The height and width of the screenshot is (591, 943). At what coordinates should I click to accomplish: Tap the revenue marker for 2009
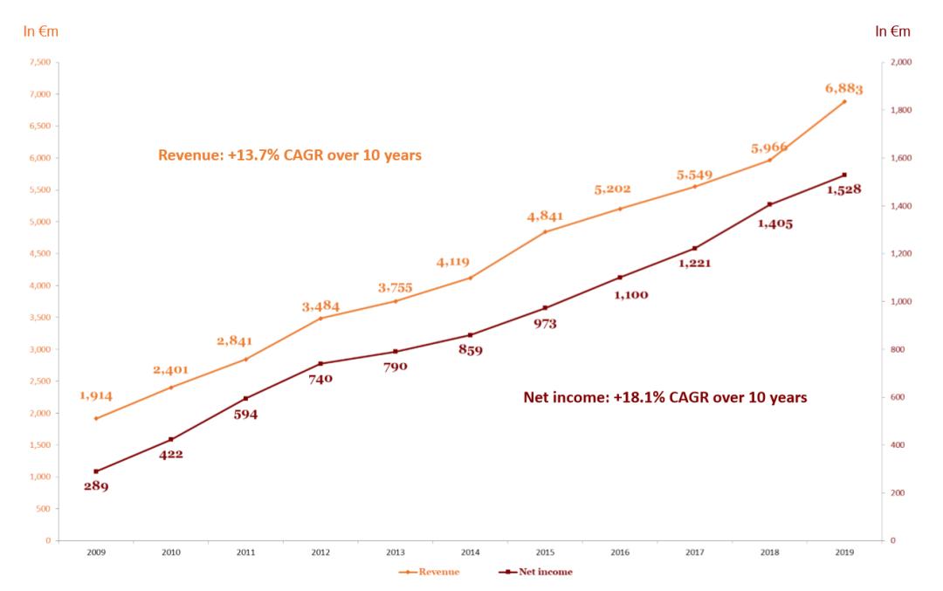[x=96, y=418]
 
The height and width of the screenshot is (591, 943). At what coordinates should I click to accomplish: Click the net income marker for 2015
[x=545, y=307]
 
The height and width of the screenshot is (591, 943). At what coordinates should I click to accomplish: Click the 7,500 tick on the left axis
[x=40, y=62]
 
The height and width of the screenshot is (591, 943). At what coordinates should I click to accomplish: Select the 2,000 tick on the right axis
[x=898, y=62]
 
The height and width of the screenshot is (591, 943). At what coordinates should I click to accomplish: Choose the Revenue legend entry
[x=429, y=572]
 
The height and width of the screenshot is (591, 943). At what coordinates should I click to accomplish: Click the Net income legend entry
[x=536, y=572]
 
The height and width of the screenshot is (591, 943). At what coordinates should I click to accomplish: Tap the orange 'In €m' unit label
[x=40, y=31]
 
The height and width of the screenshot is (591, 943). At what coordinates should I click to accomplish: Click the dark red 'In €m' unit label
[x=892, y=31]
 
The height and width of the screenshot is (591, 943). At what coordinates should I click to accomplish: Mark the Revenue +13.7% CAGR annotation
[x=290, y=155]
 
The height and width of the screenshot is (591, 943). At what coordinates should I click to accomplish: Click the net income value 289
[x=96, y=486]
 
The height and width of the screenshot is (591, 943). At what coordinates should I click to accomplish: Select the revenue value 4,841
[x=544, y=216]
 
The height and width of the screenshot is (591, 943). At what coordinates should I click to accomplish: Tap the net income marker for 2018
[x=769, y=204]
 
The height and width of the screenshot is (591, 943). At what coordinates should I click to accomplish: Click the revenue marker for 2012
[x=320, y=318]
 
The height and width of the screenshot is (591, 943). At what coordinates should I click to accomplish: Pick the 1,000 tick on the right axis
[x=898, y=301]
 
